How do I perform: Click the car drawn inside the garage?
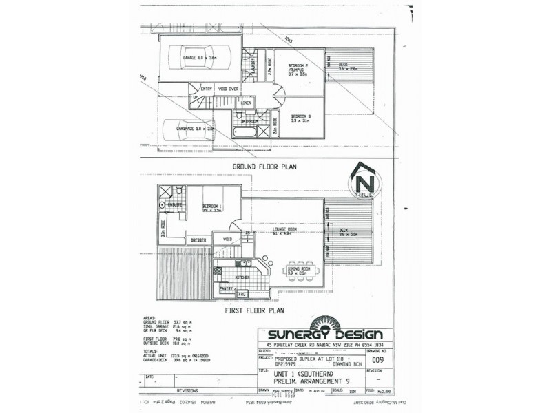197,59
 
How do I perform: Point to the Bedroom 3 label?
301,118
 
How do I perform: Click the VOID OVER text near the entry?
228,89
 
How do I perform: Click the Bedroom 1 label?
211,207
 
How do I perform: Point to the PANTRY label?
227,288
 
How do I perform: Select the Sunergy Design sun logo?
322,322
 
